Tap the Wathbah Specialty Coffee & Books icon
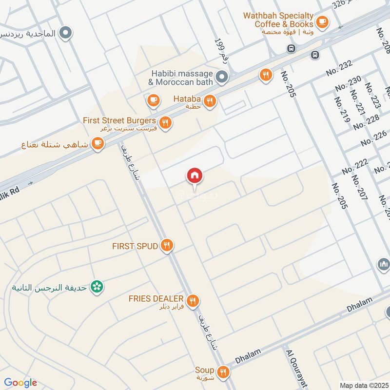pyautogui.click(x=322, y=21)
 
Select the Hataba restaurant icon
pyautogui.click(x=210, y=101)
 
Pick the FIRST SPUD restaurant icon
pyautogui.click(x=167, y=246)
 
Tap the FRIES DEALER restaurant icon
pyautogui.click(x=193, y=301)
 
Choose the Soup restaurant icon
pyautogui.click(x=223, y=372)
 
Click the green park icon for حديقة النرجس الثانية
pyautogui.click(x=97, y=287)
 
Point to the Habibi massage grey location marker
pyautogui.click(x=222, y=77)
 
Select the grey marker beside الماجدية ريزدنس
pyautogui.click(x=65, y=33)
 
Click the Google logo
pyautogui.click(x=20, y=383)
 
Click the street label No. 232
pyautogui.click(x=339, y=67)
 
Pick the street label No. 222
pyautogui.click(x=354, y=166)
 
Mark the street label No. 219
pyautogui.click(x=342, y=109)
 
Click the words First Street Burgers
pyautogui.click(x=119, y=120)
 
